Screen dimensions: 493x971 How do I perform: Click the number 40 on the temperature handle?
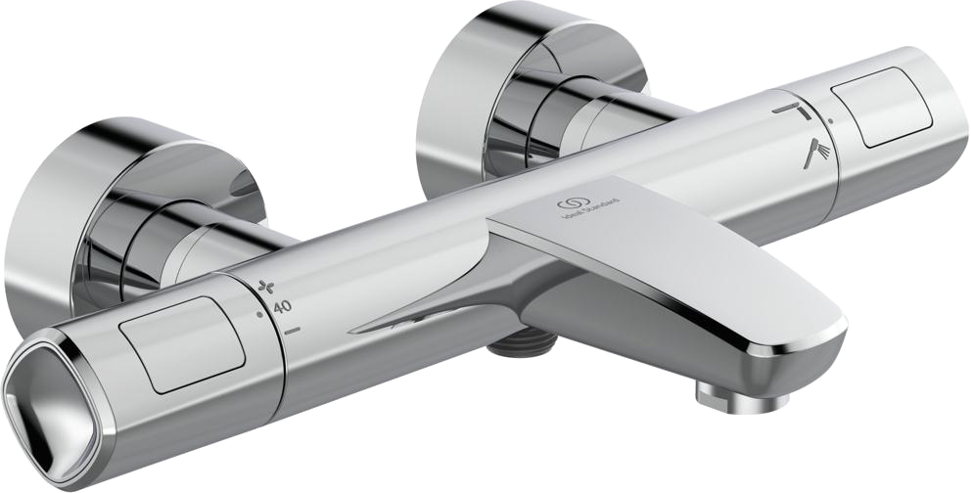[x=283, y=307]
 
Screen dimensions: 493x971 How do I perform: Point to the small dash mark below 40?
[x=293, y=333]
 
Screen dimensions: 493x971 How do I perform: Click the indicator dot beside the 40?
[x=259, y=315]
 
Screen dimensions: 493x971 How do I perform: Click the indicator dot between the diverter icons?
[x=831, y=120]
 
